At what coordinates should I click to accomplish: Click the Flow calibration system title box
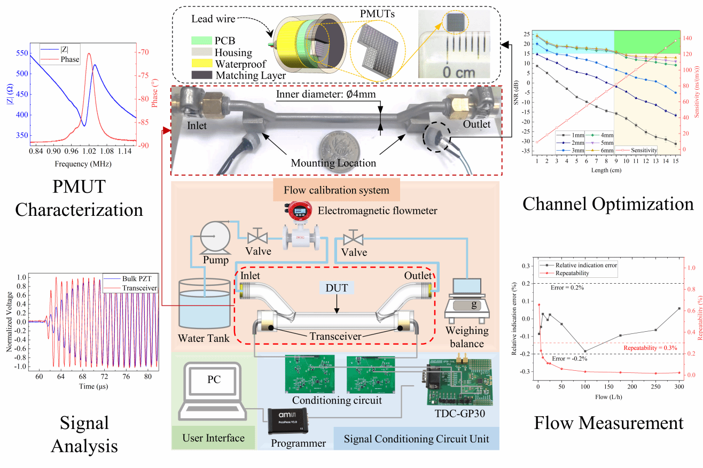[336, 190]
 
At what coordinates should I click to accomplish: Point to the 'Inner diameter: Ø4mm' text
[326, 95]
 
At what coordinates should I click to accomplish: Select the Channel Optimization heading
[607, 204]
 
